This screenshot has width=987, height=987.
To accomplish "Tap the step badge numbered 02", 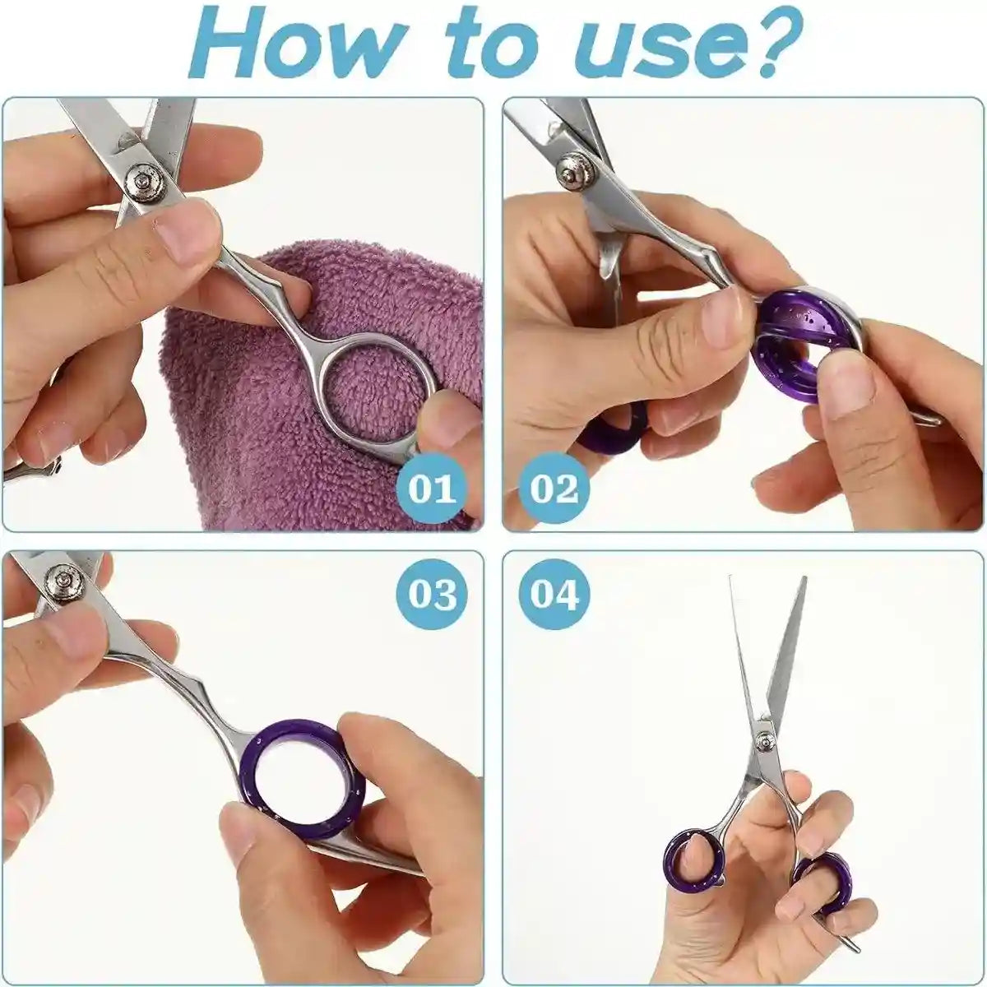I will [554, 489].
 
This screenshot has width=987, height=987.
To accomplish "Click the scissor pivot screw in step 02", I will [570, 170].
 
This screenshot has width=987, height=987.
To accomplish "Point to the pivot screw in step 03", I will [63, 581].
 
